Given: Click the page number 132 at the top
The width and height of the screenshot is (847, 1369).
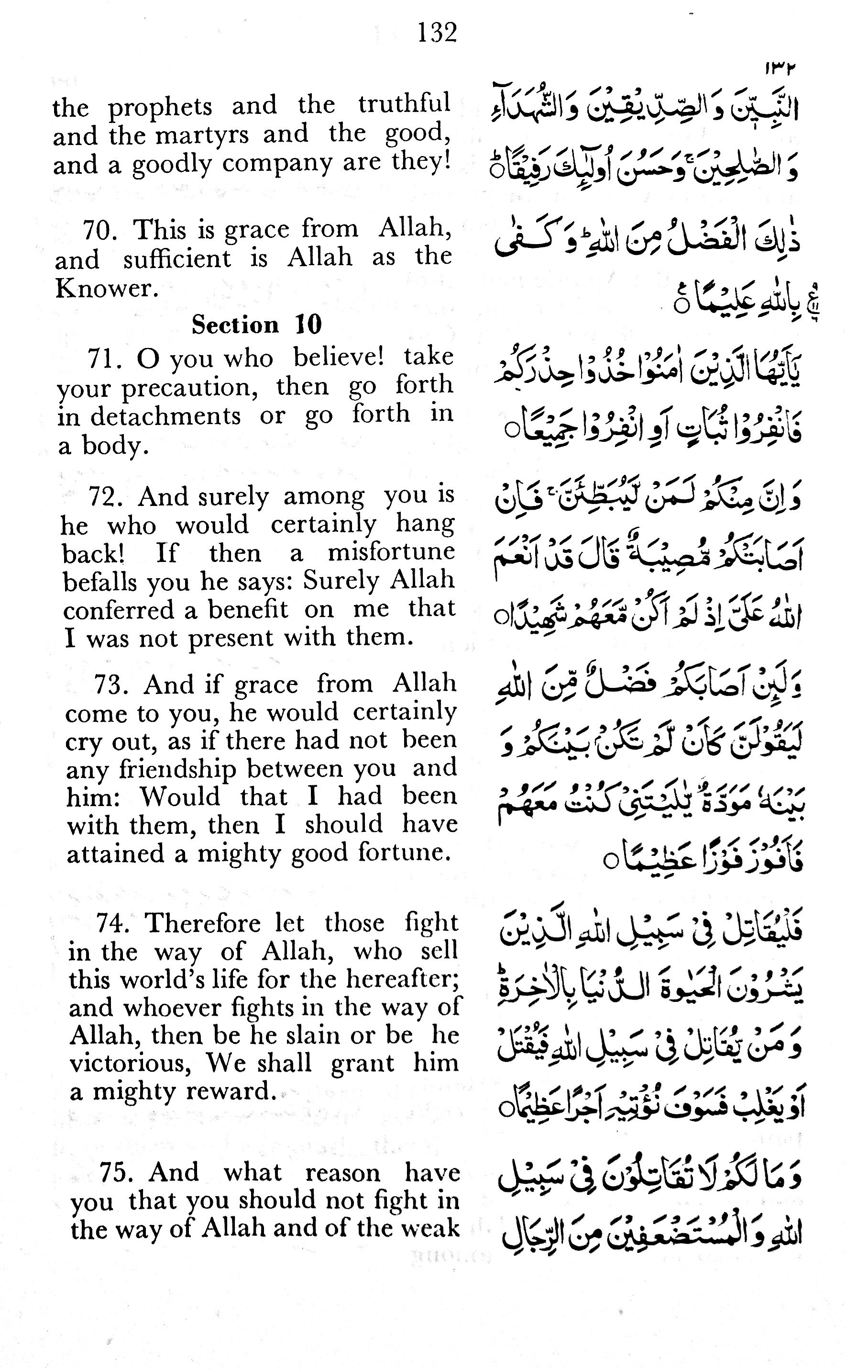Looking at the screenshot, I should click(437, 33).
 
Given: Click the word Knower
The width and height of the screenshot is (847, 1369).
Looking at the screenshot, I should click(104, 289).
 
